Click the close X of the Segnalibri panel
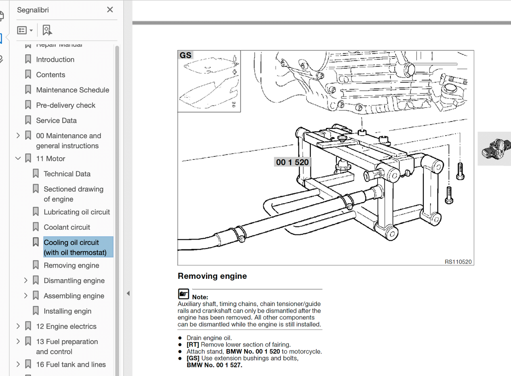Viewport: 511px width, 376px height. coord(110,10)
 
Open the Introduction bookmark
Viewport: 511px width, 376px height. coord(55,59)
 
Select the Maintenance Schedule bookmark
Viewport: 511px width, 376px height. coord(72,90)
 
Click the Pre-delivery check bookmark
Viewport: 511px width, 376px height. coord(66,105)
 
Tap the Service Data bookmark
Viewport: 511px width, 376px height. coord(56,120)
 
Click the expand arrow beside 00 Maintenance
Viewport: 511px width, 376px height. coord(18,136)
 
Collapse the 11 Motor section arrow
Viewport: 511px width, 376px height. coord(18,158)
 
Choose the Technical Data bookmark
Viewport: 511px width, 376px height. coord(67,174)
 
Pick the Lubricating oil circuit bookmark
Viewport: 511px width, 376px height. coord(77,212)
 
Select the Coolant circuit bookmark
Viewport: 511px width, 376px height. coord(67,227)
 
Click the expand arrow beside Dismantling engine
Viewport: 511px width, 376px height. coord(26,280)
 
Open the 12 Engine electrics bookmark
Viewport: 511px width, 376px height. coord(66,326)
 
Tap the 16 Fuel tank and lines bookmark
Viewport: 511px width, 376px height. coord(71,364)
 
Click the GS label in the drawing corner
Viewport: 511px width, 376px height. coord(186,55)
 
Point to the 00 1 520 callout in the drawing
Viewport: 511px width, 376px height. coord(292,162)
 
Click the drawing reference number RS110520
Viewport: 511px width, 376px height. coord(458,262)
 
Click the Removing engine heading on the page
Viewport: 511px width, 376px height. coord(212,276)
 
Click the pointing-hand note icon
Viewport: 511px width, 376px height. coord(184,294)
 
